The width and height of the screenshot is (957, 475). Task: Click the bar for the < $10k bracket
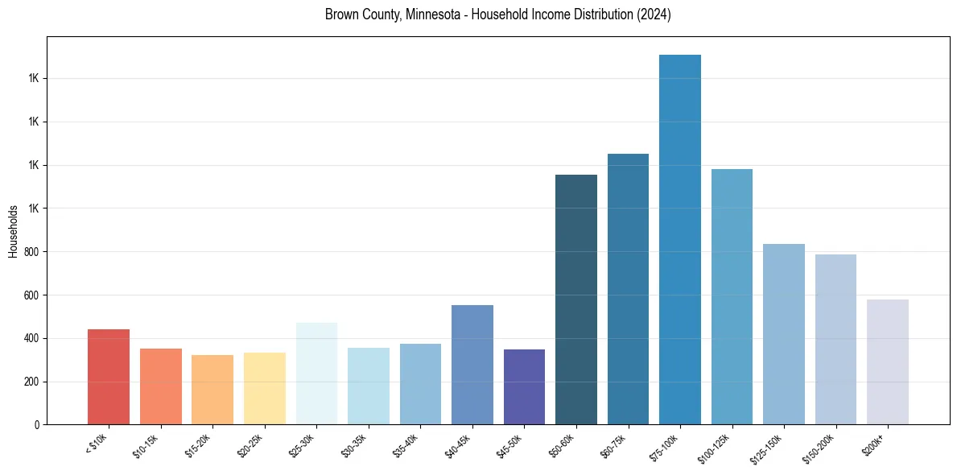click(109, 377)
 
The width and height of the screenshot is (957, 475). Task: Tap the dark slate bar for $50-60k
click(576, 299)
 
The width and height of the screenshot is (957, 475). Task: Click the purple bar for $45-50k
click(524, 387)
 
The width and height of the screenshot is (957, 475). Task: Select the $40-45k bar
click(472, 365)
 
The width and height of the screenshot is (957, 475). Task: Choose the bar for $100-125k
click(732, 296)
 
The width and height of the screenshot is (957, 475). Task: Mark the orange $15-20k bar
click(212, 390)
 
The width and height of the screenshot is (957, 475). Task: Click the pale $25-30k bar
click(316, 374)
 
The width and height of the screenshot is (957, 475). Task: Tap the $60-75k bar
click(628, 289)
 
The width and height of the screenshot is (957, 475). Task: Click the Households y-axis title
click(13, 232)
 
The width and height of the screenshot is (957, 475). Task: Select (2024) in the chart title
click(652, 14)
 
